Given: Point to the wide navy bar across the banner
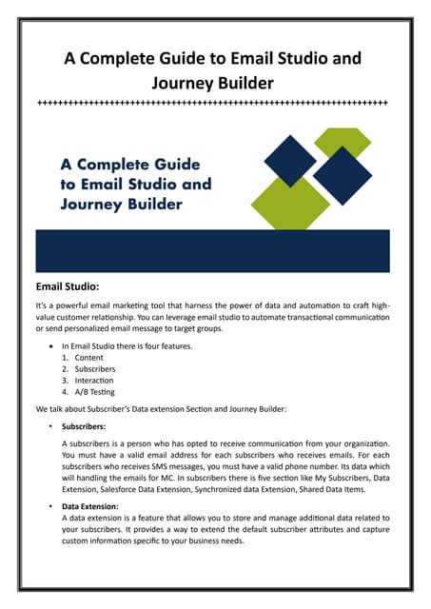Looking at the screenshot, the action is [x=215, y=250].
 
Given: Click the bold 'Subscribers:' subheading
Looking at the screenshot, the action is [x=87, y=427].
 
